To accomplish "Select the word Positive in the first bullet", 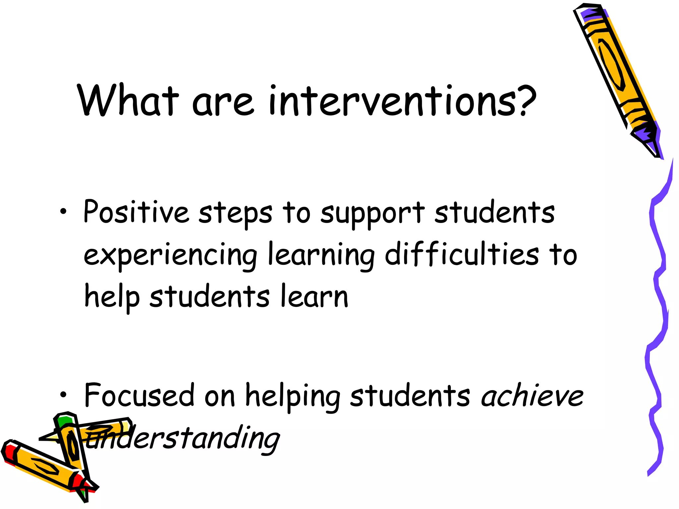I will [136, 212].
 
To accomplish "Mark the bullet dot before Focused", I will [63, 395].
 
